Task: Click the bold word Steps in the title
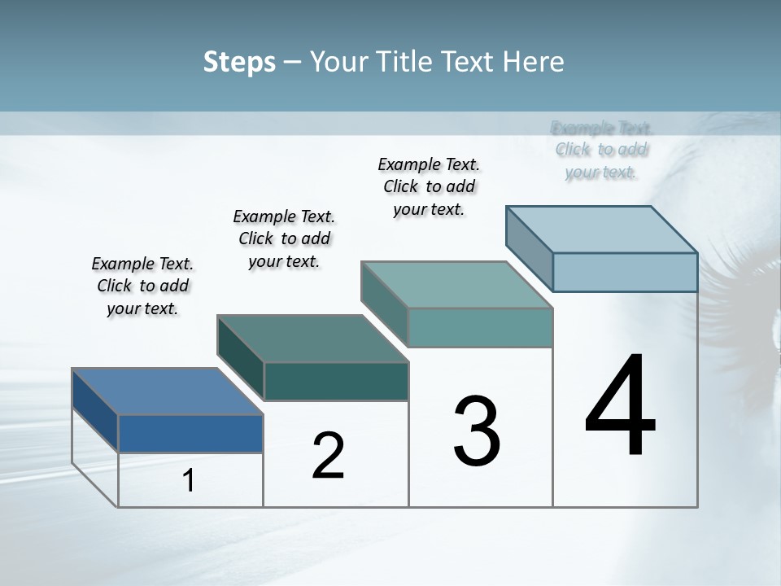click(x=239, y=62)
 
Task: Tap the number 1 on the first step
click(x=189, y=481)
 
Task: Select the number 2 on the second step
click(x=328, y=456)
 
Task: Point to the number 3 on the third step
click(x=477, y=431)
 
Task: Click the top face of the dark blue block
click(x=167, y=391)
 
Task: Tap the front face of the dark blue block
click(x=190, y=433)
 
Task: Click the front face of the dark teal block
click(x=336, y=381)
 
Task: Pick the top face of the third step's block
click(x=457, y=285)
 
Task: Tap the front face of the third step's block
click(x=480, y=327)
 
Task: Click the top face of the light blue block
click(x=602, y=230)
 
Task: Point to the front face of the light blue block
click(x=625, y=272)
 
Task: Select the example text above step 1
click(x=142, y=286)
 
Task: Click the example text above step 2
click(x=284, y=238)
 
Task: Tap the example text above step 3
click(x=429, y=186)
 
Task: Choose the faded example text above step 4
click(x=601, y=150)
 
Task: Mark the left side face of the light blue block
click(x=530, y=248)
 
